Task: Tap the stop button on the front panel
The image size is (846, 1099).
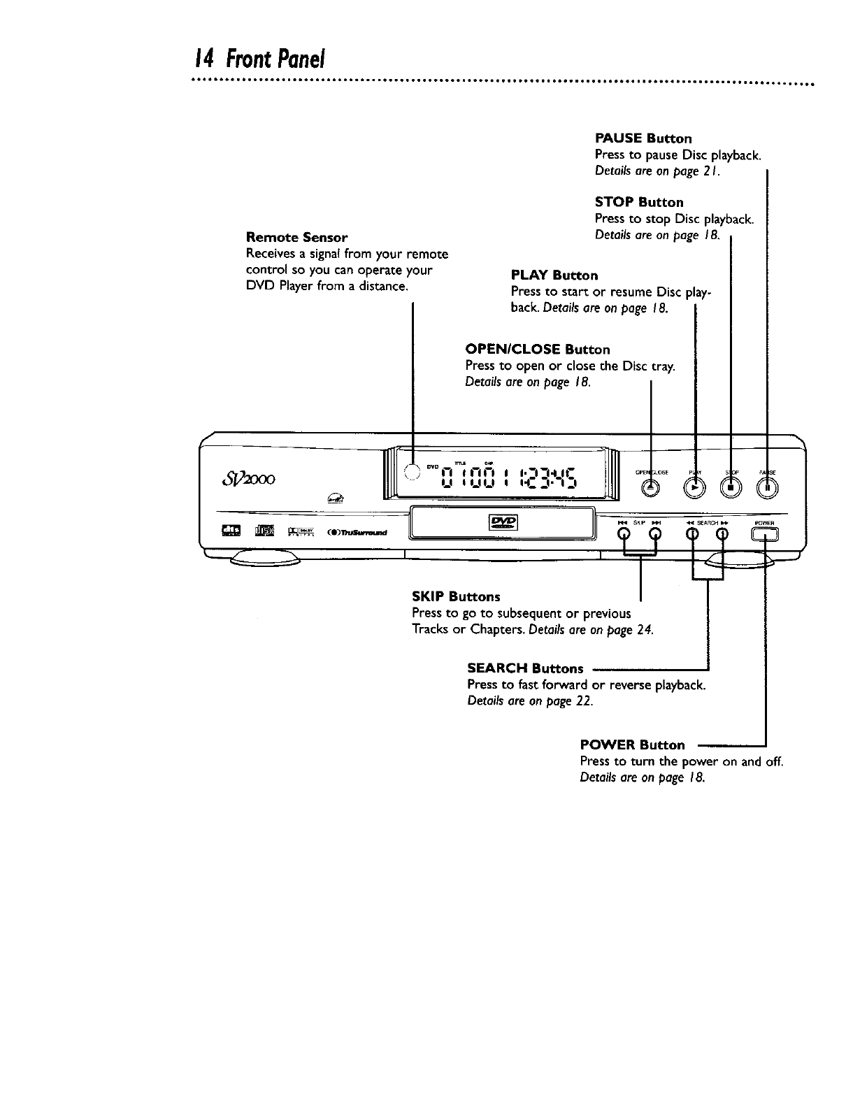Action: pos(731,489)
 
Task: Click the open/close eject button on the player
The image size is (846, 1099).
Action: pos(651,489)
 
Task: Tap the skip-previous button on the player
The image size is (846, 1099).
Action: pos(624,535)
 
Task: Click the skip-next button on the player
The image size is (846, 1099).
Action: pos(656,535)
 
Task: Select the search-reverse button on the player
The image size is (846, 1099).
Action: pos(692,535)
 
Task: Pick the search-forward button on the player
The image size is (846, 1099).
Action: pos(722,535)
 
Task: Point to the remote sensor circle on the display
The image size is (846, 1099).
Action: pos(413,471)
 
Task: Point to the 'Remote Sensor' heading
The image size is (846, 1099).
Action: pos(297,238)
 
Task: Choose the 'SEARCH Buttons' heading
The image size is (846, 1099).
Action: pos(525,668)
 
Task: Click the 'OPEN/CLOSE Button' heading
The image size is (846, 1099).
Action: pos(538,349)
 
